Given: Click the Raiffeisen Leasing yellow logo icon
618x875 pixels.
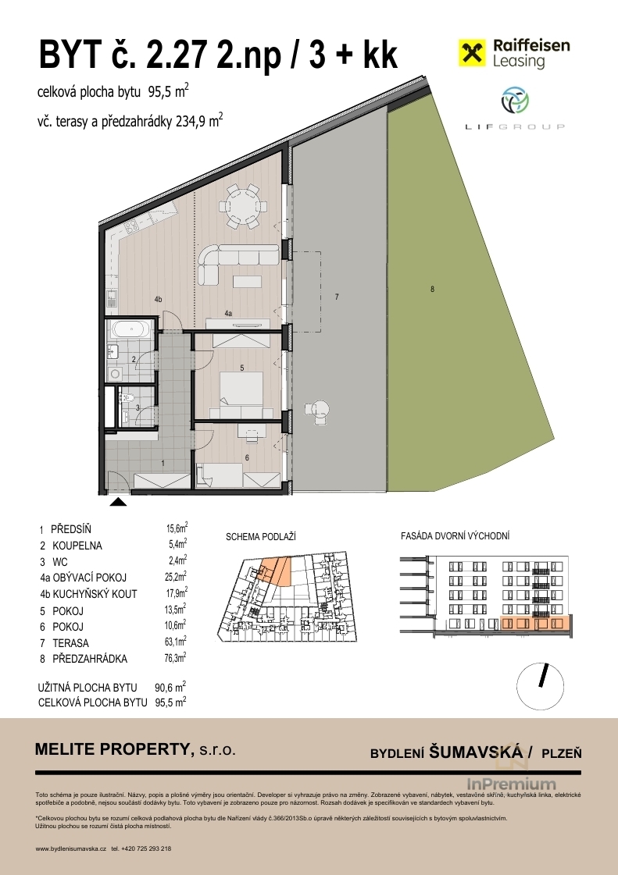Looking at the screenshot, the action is (472, 53).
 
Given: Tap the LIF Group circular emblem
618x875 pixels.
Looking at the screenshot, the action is (515, 101).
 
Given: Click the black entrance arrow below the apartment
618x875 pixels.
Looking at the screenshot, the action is (118, 501).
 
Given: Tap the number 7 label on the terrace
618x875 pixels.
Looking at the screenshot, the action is (337, 297).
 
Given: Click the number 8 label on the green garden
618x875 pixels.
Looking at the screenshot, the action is (433, 289).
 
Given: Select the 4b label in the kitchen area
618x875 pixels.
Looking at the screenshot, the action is (158, 300).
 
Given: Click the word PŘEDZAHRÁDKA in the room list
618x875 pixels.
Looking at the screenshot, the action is (90, 659).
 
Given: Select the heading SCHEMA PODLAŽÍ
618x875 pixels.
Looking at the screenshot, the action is (260, 537).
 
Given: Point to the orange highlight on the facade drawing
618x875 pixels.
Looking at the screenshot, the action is (534, 624).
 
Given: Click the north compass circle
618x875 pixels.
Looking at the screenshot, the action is (541, 686).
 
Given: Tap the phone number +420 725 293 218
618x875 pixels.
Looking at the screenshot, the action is (141, 848).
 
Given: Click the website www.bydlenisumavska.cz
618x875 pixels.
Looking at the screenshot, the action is (70, 848).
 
